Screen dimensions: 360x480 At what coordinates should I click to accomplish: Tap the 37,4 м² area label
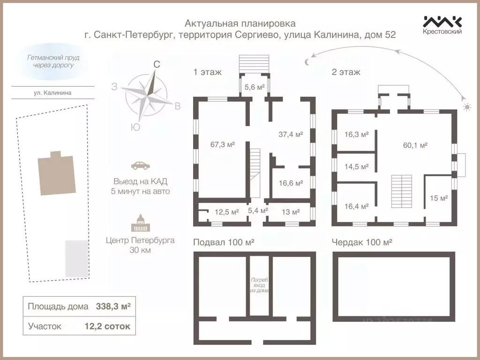click(x=291, y=135)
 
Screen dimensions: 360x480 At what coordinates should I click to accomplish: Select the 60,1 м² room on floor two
click(x=415, y=145)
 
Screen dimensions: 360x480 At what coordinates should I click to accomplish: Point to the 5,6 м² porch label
click(x=255, y=87)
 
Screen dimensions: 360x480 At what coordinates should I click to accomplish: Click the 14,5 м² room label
click(x=357, y=166)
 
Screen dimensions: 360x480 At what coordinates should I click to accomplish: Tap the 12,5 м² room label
click(x=227, y=212)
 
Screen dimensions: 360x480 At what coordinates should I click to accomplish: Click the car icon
click(x=141, y=165)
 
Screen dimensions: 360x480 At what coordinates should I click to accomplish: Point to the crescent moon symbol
click(x=307, y=61)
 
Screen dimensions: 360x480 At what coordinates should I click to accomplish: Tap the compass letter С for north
click(x=157, y=65)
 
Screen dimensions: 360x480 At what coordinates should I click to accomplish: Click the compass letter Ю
click(x=135, y=127)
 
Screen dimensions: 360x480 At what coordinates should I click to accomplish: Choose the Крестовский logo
click(x=442, y=25)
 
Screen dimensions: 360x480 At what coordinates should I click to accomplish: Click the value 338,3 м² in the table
click(x=113, y=307)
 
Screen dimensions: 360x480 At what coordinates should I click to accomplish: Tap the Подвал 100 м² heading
click(x=224, y=242)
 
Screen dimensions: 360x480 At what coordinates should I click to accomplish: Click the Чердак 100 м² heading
click(x=361, y=242)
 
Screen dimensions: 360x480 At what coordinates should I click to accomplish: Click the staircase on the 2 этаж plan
click(x=401, y=192)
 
